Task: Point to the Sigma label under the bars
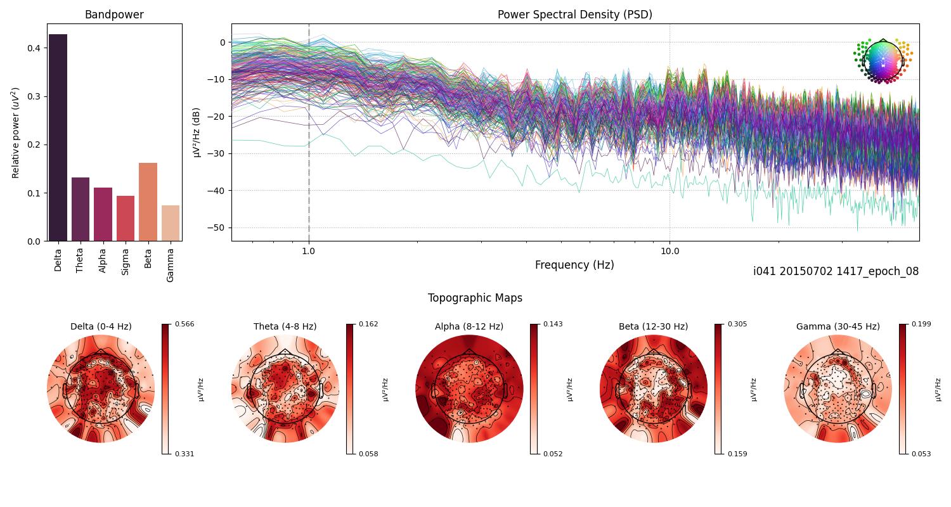[126, 261]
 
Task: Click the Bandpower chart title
[114, 15]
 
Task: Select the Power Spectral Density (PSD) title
[574, 15]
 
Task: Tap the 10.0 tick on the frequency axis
[670, 250]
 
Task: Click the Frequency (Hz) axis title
[574, 265]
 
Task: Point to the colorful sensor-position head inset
[883, 61]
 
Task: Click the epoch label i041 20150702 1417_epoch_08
[836, 271]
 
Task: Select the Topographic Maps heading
[475, 298]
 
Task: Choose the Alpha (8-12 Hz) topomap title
[469, 326]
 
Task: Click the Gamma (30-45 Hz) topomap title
[838, 326]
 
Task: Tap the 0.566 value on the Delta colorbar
[184, 324]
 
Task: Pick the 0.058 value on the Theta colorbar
[368, 454]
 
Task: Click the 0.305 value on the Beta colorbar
[737, 324]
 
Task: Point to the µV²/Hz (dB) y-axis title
[197, 132]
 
